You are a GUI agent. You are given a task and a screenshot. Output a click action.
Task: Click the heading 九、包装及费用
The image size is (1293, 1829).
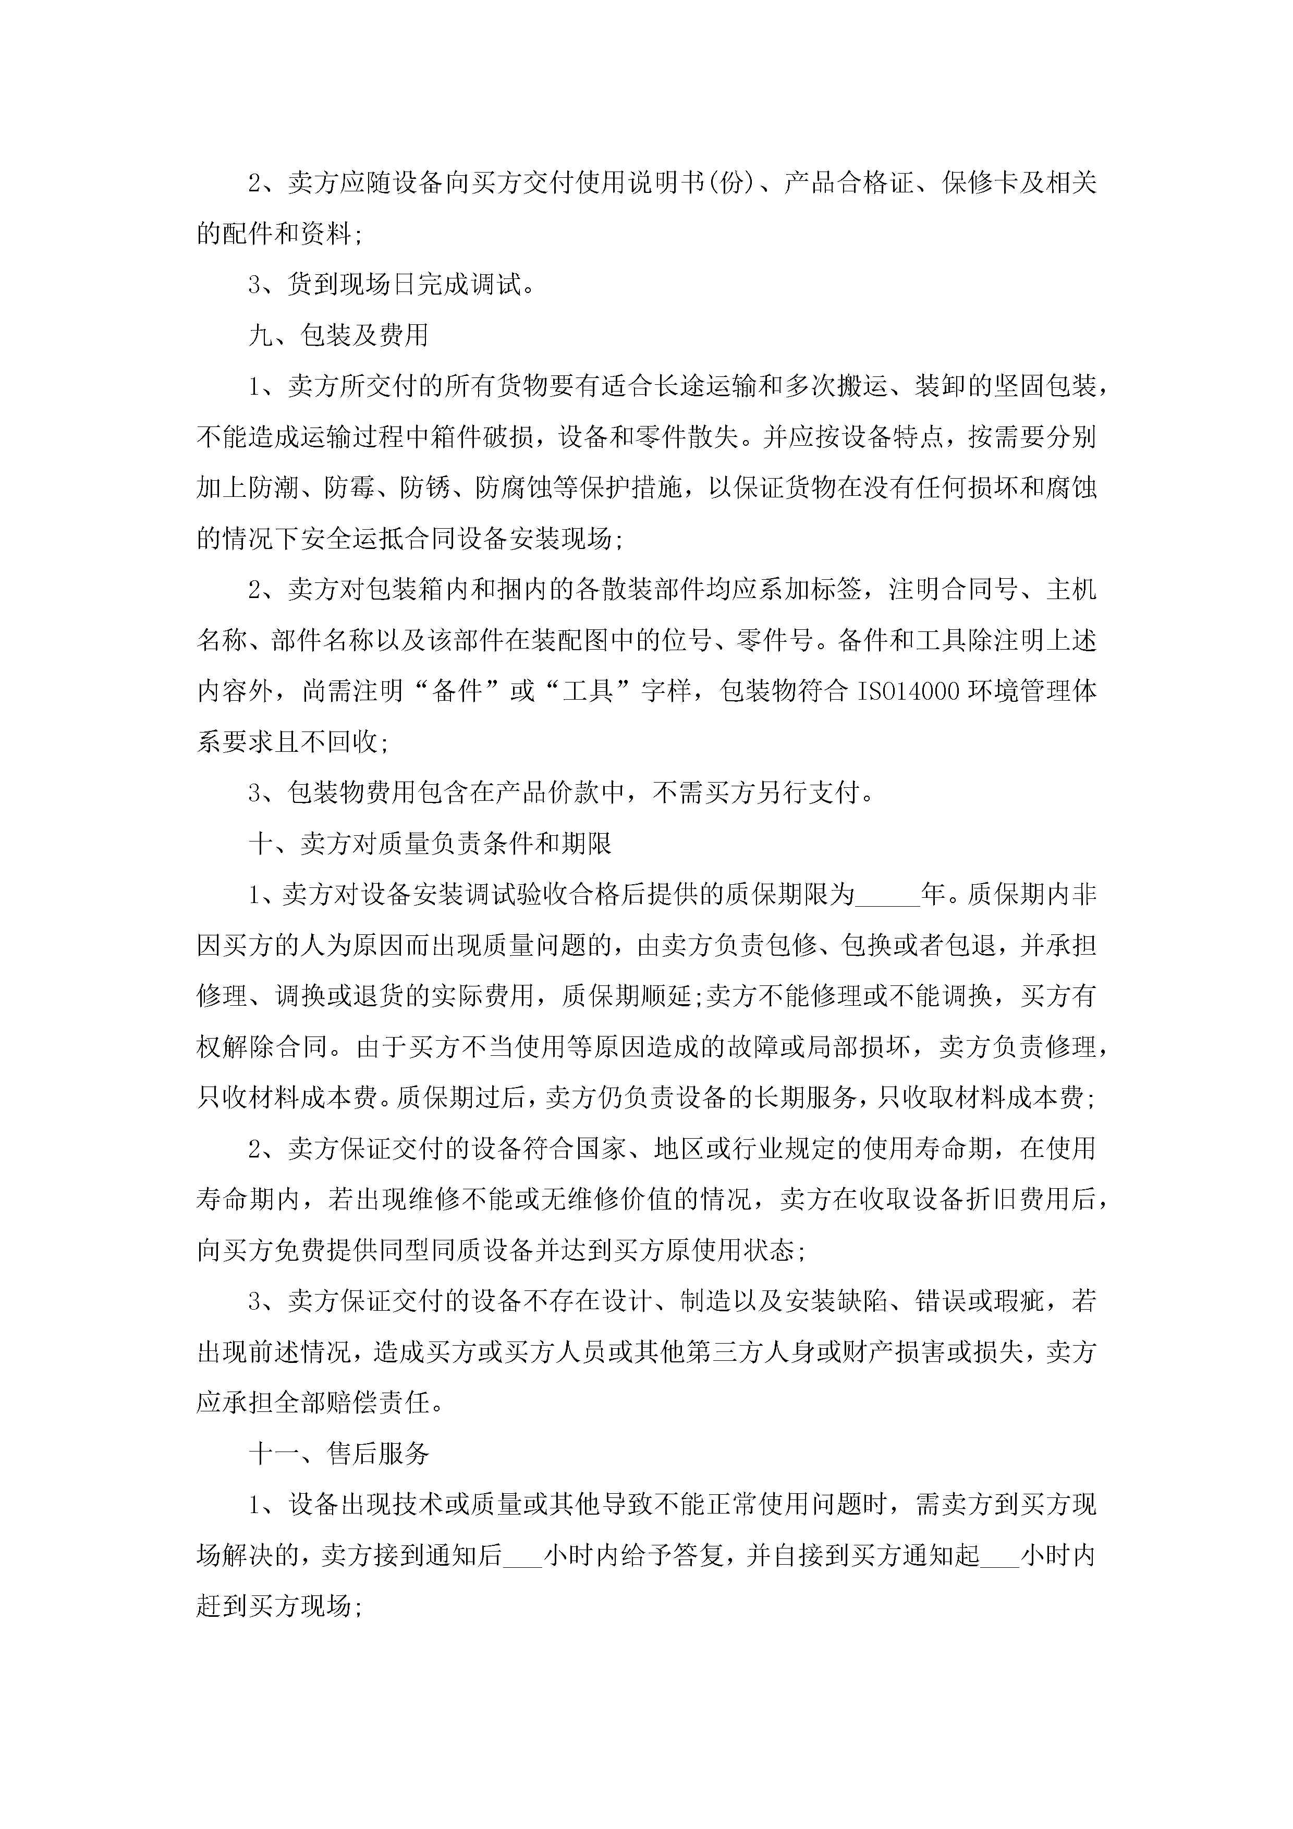tap(338, 335)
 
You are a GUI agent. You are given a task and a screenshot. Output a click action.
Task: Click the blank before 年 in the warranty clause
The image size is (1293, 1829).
tap(887, 895)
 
